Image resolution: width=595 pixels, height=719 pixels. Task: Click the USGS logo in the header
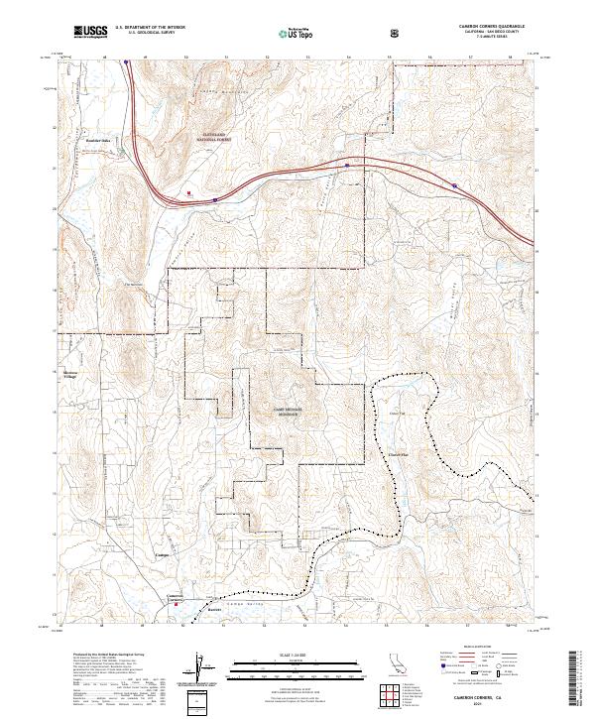point(90,34)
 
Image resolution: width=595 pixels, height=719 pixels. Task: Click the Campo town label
point(163,556)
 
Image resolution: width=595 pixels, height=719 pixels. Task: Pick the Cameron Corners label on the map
point(174,598)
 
